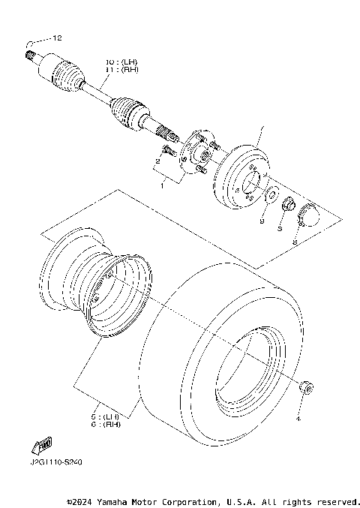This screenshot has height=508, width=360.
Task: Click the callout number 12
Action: (x=58, y=38)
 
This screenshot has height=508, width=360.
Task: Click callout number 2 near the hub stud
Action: (x=159, y=161)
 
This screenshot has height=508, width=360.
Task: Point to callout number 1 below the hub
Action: (x=160, y=186)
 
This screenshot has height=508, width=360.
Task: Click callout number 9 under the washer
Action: (x=262, y=222)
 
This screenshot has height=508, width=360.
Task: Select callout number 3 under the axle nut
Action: (x=279, y=229)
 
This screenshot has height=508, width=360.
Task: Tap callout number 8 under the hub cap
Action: (x=294, y=242)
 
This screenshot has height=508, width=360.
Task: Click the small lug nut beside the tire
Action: (x=305, y=386)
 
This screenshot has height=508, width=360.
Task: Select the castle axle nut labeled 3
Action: (x=288, y=203)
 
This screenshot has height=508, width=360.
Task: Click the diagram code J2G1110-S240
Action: (x=57, y=462)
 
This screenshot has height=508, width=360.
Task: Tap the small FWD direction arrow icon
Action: (x=43, y=444)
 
